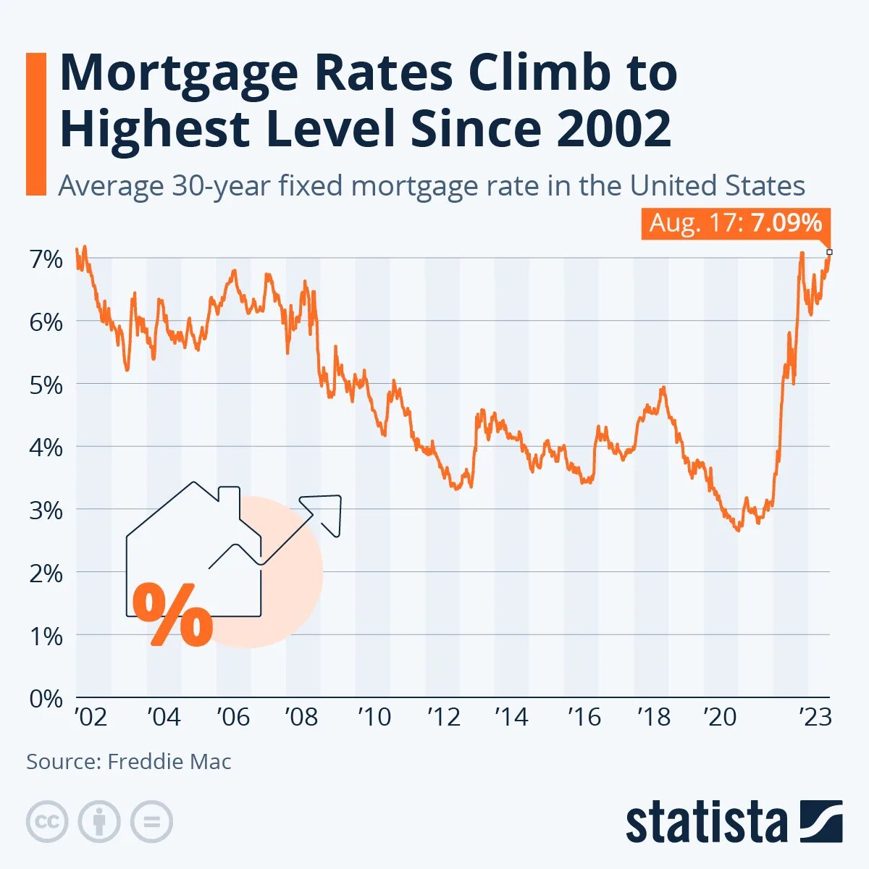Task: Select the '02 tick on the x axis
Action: point(91,717)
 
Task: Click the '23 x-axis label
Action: point(815,717)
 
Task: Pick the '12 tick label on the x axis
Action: point(444,717)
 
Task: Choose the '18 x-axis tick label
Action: point(653,717)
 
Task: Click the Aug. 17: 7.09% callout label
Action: point(735,223)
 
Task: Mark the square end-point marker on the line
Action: point(829,252)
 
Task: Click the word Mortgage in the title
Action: point(178,72)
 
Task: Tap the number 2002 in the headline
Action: point(614,129)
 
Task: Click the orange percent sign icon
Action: point(172,615)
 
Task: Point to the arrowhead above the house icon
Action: point(324,511)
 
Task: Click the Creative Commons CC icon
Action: point(47,822)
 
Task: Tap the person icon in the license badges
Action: point(99,822)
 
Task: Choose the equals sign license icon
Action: point(151,822)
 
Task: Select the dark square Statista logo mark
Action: point(821,821)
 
